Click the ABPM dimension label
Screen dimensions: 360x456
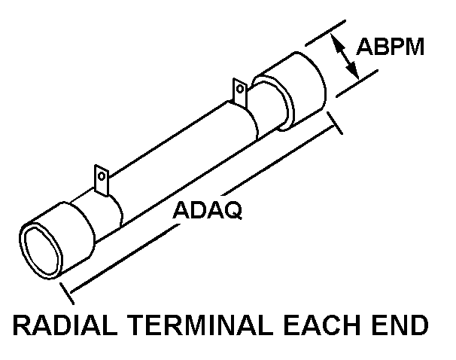[x=391, y=47]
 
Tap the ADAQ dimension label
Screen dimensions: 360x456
[x=207, y=210]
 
